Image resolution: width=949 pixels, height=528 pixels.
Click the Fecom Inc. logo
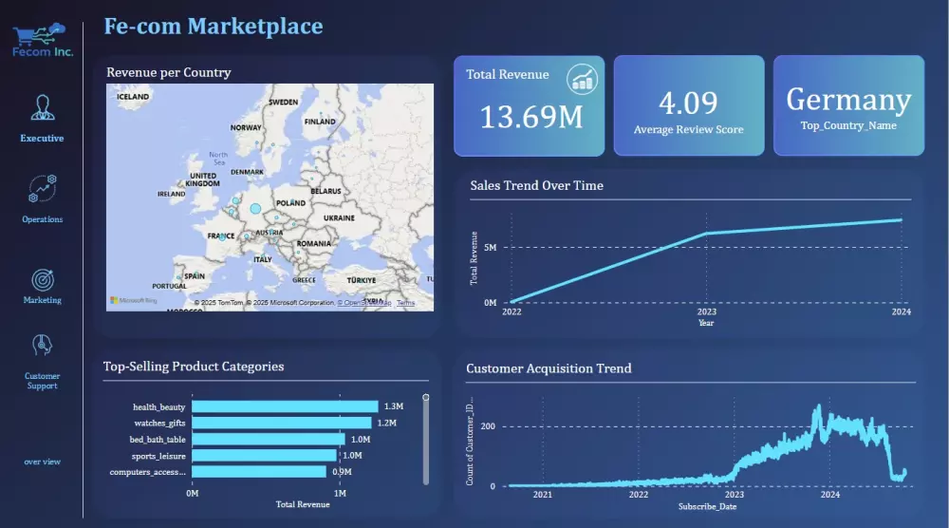coord(42,40)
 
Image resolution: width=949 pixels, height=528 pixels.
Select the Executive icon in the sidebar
coord(42,107)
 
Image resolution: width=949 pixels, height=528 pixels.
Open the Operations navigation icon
coord(43,189)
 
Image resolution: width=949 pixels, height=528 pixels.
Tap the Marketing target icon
coord(43,280)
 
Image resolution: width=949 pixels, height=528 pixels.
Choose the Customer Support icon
coord(42,346)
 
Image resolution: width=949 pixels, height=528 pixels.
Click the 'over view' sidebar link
coord(43,462)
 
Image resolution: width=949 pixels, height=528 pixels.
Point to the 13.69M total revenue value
coord(530,118)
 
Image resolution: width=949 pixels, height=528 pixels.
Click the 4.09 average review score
coord(688,103)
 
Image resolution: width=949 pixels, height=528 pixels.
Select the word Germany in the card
coord(848,100)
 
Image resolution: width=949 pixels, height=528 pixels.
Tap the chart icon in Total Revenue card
coord(583,79)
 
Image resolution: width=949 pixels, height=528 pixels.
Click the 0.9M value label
coord(342,472)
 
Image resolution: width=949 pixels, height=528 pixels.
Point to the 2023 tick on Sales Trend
coord(707,311)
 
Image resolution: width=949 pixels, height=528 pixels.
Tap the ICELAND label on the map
coord(132,97)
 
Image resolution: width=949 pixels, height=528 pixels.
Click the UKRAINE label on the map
coord(339,217)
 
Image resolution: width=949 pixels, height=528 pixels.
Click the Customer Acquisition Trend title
coord(549,368)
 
